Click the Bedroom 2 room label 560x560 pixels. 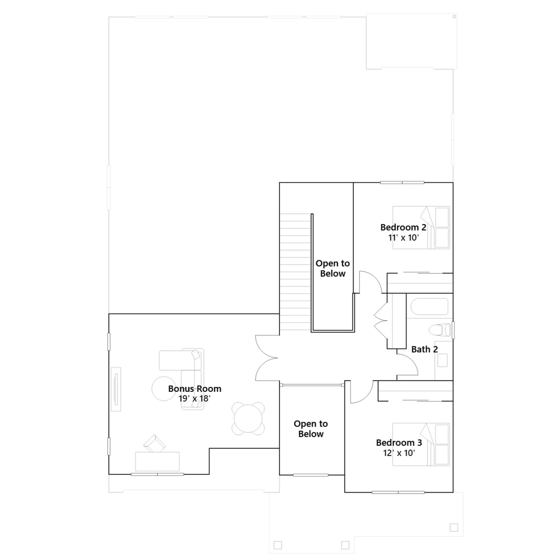click(x=403, y=227)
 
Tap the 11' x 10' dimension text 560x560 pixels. click(x=403, y=238)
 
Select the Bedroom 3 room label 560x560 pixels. click(x=399, y=443)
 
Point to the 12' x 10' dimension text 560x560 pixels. click(x=399, y=453)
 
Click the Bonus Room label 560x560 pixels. click(x=195, y=388)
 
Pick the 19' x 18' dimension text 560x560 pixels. click(x=195, y=399)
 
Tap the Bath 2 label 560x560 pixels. click(x=425, y=349)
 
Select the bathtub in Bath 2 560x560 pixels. click(x=429, y=307)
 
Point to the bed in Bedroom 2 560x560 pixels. click(x=421, y=227)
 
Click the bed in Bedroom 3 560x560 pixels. click(x=421, y=444)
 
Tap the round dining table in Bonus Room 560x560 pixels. click(x=248, y=419)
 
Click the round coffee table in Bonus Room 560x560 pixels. click(x=164, y=388)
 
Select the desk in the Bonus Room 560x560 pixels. click(x=157, y=462)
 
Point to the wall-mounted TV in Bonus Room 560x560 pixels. click(x=116, y=389)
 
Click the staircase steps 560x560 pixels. click(x=295, y=272)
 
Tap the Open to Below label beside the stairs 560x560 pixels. click(x=332, y=268)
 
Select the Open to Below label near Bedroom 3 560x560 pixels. click(x=311, y=429)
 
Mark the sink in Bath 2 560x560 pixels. click(x=442, y=360)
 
